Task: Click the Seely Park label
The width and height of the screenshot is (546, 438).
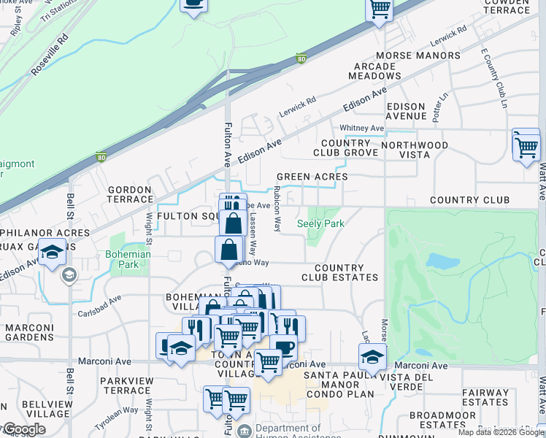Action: pos(320,223)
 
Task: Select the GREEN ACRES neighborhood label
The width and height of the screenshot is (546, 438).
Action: pos(312,177)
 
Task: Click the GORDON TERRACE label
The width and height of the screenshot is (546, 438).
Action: pos(129,194)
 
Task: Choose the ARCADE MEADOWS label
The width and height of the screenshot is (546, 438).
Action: pos(375,71)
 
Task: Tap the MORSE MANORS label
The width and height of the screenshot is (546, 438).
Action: pos(418,55)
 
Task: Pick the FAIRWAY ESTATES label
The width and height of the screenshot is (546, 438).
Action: pos(485,397)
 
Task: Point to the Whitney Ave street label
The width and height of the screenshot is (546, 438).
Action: pos(366,128)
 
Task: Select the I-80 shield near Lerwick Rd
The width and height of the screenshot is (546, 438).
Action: pos(301,59)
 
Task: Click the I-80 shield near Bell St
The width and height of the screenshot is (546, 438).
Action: pos(101,156)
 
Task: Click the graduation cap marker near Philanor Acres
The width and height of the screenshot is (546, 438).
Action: pos(52,252)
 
